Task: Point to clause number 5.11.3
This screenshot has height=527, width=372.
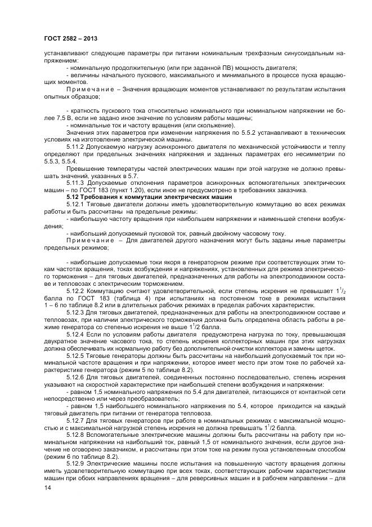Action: coord(78,183)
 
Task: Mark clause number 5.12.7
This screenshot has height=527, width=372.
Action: coord(78,424)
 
